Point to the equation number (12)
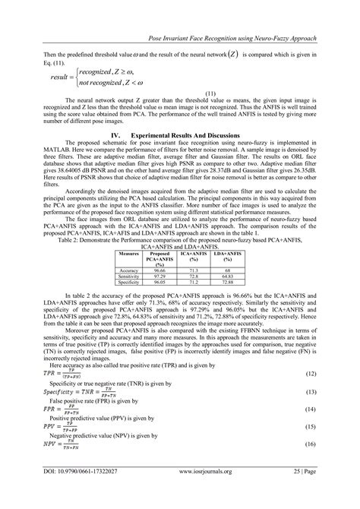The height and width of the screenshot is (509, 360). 310,353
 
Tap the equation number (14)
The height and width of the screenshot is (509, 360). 310,387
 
